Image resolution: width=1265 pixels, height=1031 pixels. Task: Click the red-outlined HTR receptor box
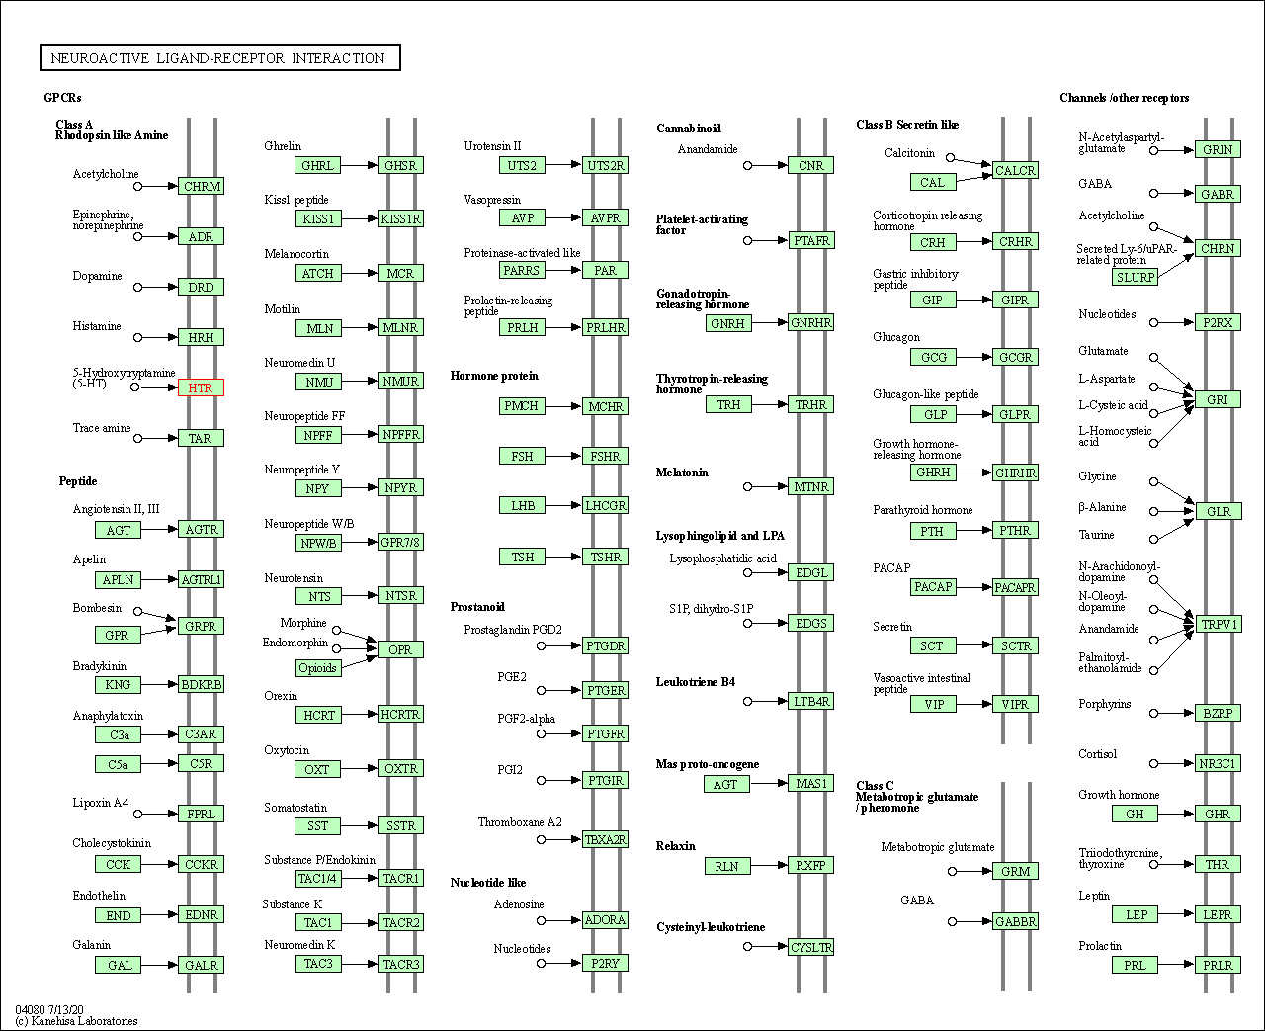(x=201, y=387)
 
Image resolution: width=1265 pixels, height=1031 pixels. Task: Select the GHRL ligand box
(x=318, y=165)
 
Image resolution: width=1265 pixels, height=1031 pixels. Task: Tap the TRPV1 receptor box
(x=1219, y=624)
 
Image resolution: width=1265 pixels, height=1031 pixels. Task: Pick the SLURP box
(x=1135, y=277)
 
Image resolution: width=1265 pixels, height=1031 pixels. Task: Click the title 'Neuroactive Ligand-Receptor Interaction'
(x=219, y=57)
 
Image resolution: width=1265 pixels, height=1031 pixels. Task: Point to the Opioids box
(x=318, y=667)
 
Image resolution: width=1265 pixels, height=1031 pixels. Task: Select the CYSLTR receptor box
(x=810, y=947)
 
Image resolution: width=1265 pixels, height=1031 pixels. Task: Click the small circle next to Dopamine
(x=137, y=288)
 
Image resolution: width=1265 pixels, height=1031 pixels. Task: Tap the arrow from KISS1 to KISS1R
(x=360, y=218)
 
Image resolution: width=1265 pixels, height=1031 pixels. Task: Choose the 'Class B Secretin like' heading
(x=907, y=125)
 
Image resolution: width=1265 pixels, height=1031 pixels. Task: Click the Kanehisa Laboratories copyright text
(x=77, y=1021)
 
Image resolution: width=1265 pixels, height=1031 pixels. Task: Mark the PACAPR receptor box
(x=1015, y=587)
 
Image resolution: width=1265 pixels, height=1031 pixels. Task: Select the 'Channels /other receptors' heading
(x=1125, y=98)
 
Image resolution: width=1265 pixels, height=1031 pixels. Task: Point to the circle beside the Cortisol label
(x=1154, y=763)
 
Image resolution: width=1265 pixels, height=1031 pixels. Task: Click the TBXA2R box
(x=605, y=840)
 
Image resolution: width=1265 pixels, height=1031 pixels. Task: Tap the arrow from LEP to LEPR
(x=1176, y=914)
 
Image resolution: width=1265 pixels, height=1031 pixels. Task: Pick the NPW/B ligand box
(x=318, y=543)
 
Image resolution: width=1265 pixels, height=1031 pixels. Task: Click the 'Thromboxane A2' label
(x=520, y=822)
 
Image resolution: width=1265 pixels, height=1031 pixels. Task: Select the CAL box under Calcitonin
(x=933, y=182)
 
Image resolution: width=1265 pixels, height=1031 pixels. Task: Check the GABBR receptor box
(x=1015, y=921)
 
